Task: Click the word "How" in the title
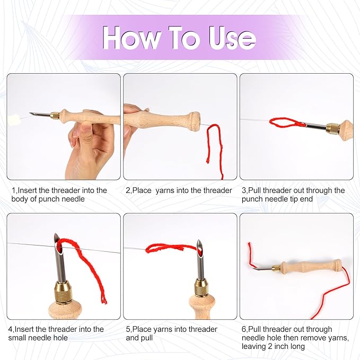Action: click(131, 37)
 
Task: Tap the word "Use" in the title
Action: click(232, 37)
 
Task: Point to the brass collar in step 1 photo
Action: click(55, 116)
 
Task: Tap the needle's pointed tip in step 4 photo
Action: click(56, 235)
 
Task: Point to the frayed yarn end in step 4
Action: click(104, 300)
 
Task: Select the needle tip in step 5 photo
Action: click(199, 242)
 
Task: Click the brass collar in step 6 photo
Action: click(277, 267)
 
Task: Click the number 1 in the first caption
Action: click(13, 190)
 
